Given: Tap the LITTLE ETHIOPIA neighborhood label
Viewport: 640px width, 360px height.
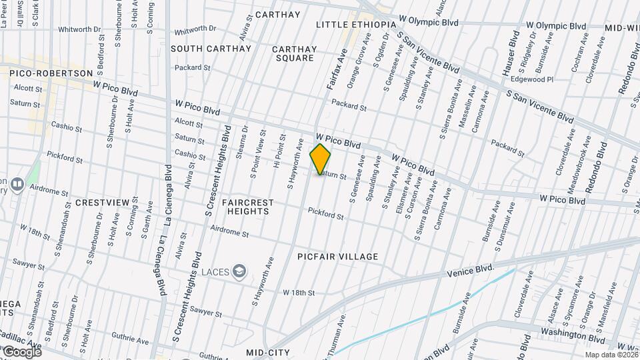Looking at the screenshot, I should click(x=356, y=25).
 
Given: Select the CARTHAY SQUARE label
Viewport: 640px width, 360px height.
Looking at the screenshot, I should click(x=294, y=53).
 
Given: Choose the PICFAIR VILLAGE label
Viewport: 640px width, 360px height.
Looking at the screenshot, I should click(x=339, y=257).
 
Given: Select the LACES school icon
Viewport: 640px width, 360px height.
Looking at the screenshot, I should click(x=239, y=271).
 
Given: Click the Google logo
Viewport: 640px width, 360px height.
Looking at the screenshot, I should click(x=22, y=351).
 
